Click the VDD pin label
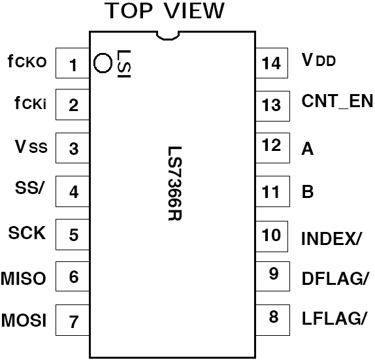click(319, 60)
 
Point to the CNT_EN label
click(337, 101)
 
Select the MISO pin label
click(24, 278)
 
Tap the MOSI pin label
click(24, 320)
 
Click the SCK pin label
click(27, 233)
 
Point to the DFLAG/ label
click(334, 278)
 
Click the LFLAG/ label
click(334, 318)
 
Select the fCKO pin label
click(27, 61)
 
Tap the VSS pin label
click(31, 146)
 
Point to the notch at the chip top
click(168, 39)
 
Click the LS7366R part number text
click(175, 184)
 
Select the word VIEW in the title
click(194, 10)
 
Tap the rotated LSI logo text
click(124, 63)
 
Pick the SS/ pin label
click(30, 188)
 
